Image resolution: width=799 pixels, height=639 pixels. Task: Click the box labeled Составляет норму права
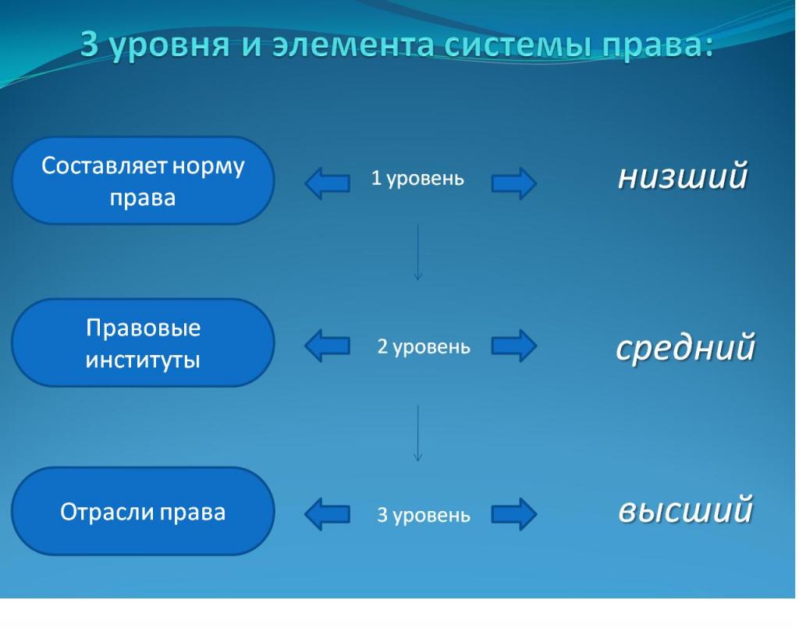[143, 181]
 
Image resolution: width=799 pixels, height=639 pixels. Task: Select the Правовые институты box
[143, 343]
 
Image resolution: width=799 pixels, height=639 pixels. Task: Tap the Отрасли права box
[143, 512]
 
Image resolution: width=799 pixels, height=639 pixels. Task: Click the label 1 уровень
[417, 179]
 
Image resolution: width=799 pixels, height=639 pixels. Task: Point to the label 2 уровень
[424, 346]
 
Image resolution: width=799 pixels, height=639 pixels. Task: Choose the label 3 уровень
[424, 515]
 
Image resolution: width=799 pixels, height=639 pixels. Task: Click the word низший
[683, 176]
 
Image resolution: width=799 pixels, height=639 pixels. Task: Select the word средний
[686, 347]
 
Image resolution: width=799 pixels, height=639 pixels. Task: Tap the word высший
[685, 511]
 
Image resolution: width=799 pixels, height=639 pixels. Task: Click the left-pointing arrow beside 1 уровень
[326, 183]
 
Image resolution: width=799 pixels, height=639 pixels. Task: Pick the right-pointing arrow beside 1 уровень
[514, 183]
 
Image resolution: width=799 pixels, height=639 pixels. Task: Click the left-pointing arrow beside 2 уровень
[326, 346]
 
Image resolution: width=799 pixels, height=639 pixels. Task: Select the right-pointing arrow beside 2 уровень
[514, 346]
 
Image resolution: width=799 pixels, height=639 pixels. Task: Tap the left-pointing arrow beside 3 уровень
[326, 514]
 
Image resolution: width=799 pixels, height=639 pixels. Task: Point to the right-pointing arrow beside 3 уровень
[514, 514]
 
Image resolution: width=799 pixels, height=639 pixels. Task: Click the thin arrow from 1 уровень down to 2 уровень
[418, 252]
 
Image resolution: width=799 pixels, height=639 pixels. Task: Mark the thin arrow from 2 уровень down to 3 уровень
[418, 433]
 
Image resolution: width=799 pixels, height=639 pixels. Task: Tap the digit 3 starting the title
[89, 46]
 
